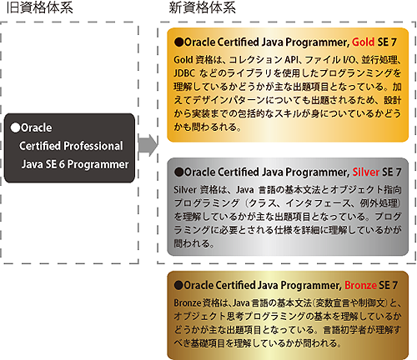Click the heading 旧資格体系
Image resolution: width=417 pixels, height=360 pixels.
39,7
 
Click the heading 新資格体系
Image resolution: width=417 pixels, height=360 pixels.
203,7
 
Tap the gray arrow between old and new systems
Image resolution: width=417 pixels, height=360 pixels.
148,145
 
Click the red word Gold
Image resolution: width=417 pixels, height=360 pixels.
363,42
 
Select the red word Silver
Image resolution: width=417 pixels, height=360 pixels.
366,172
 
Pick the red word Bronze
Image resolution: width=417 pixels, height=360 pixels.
360,285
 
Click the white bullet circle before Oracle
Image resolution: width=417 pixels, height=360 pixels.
15,127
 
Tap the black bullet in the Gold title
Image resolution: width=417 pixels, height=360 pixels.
178,42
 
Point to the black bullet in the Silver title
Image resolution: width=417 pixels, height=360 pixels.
178,172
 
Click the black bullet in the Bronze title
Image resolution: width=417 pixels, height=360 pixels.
178,285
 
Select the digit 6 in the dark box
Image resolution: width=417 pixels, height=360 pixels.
62,164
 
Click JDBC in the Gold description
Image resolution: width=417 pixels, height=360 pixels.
184,73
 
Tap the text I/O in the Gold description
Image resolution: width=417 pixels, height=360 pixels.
350,60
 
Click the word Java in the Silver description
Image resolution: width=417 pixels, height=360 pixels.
245,190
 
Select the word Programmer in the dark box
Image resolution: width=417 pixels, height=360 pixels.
98,165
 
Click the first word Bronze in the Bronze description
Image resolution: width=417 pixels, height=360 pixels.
188,302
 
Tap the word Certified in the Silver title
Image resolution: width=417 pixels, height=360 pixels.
238,172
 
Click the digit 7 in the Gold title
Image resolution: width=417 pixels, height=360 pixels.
394,42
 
